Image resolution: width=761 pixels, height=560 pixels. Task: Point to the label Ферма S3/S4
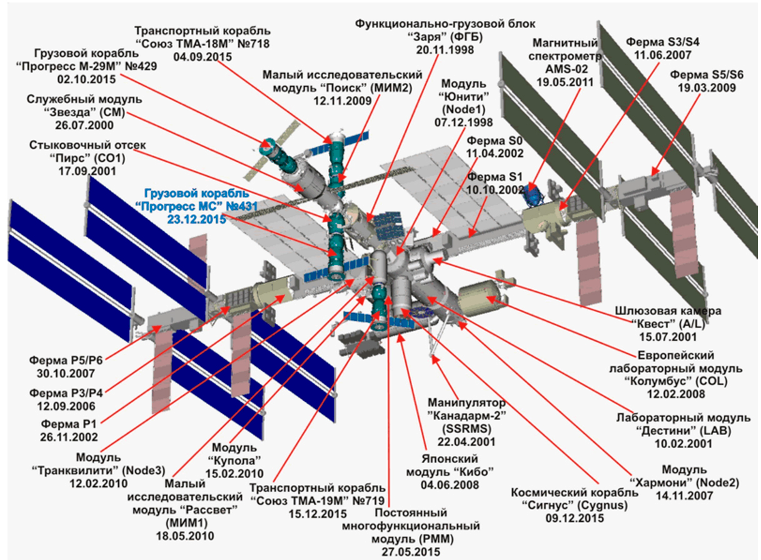click(x=655, y=42)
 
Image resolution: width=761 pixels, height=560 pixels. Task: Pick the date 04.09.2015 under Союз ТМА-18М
click(x=203, y=56)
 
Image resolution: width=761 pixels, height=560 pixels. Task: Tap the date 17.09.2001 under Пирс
click(x=87, y=170)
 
